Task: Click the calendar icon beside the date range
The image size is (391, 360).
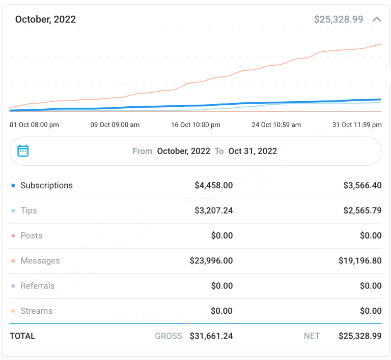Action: (23, 151)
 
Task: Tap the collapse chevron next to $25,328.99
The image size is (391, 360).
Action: (377, 19)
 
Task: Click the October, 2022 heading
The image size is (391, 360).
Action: (45, 19)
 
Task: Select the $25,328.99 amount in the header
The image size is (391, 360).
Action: (339, 19)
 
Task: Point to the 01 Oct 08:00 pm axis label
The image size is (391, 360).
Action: (34, 125)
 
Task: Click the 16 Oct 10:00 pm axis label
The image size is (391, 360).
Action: (195, 125)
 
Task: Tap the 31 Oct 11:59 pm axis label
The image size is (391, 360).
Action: (357, 125)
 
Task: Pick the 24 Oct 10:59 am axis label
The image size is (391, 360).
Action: (276, 125)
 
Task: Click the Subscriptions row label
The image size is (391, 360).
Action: (46, 186)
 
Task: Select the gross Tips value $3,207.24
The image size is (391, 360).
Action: (213, 211)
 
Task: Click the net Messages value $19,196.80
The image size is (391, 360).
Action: (360, 261)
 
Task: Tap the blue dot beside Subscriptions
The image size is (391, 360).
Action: (13, 186)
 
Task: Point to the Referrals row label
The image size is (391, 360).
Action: (37, 286)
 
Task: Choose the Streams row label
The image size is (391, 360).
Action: (36, 311)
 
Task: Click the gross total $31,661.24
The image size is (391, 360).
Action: (211, 336)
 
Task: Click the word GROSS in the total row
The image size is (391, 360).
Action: (169, 336)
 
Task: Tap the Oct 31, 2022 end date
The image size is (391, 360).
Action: (253, 151)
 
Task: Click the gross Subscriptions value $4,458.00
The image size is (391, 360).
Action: (213, 186)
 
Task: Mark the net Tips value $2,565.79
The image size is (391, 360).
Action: (362, 211)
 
